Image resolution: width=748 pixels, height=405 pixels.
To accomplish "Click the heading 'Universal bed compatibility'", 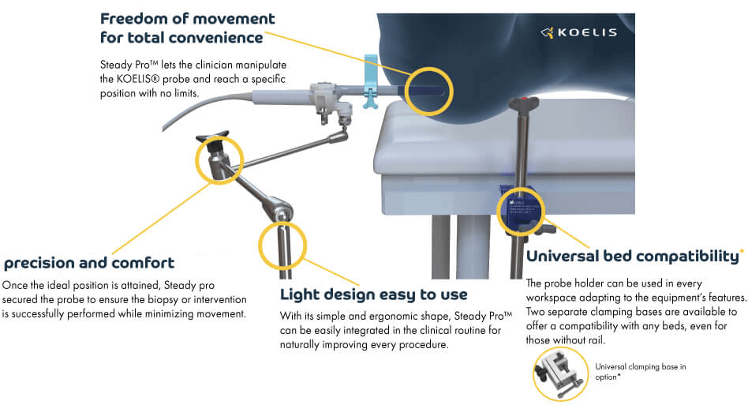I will tap(633, 257).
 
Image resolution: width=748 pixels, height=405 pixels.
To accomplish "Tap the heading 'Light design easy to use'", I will tap(374, 295).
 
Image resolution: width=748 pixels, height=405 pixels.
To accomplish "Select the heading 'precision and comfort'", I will tap(89, 262).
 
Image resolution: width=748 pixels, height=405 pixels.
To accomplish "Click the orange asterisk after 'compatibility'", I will tap(742, 251).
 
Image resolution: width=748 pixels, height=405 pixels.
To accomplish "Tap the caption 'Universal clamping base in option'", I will tap(641, 371).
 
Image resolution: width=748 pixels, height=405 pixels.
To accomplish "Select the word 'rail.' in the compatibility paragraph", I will tap(594, 339).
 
